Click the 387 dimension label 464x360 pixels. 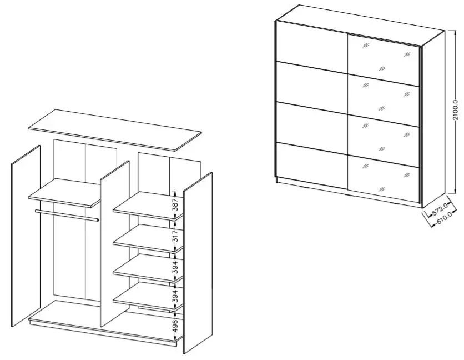(175, 204)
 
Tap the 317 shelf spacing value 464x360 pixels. (175, 237)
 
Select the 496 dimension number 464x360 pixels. (175, 326)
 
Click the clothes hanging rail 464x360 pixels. (67, 216)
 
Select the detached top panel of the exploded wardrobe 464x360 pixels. (115, 130)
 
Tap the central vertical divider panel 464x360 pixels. (115, 244)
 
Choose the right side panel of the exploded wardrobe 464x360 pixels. (198, 263)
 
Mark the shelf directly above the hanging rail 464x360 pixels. (65, 193)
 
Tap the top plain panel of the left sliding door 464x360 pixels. (311, 45)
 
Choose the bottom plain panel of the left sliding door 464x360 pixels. (311, 166)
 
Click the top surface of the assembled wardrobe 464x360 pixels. (360, 25)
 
